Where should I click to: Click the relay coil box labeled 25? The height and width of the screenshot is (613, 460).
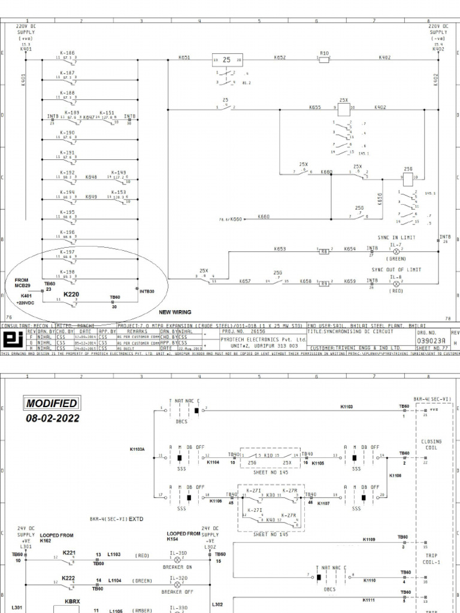[x=226, y=60]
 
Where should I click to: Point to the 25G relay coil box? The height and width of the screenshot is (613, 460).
[x=407, y=178]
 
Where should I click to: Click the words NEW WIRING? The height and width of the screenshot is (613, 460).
[x=174, y=312]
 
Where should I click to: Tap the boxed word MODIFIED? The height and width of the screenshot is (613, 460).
[x=52, y=403]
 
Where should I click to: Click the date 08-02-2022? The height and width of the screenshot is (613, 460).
[x=52, y=418]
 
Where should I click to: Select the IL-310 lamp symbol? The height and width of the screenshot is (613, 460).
[x=177, y=558]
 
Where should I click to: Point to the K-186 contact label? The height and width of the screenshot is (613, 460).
[x=68, y=53]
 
